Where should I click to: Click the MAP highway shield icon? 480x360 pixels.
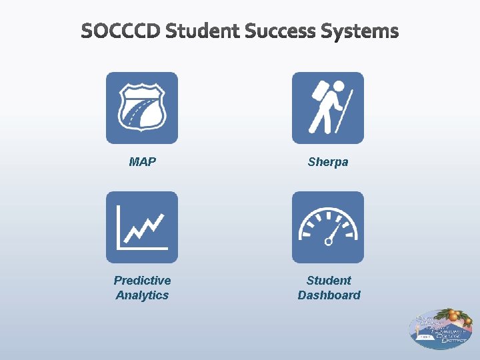point(142,108)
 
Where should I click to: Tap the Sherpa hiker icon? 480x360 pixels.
point(328,108)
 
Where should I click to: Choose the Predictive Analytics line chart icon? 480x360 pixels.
point(142,227)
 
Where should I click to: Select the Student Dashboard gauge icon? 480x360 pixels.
point(328,227)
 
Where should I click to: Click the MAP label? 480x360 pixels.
point(142,162)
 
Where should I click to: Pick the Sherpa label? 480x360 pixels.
point(328,162)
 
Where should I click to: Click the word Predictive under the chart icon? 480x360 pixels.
point(142,281)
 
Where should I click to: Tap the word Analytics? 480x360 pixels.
point(142,295)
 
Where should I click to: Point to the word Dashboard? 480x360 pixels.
point(329,295)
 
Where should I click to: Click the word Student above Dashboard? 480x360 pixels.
point(329,281)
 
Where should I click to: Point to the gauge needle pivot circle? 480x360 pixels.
point(328,241)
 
